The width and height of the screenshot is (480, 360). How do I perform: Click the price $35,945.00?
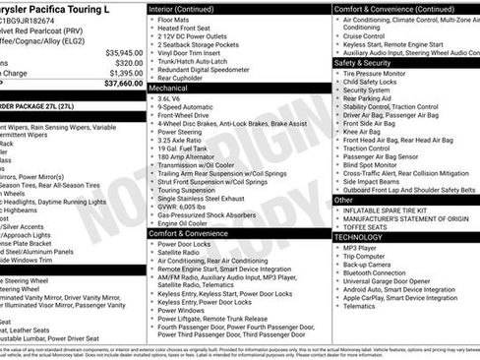[122, 52]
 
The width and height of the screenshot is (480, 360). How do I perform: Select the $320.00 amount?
[128, 63]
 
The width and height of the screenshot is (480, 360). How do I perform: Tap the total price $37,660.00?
[122, 84]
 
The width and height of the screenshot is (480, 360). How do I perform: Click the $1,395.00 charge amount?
[124, 73]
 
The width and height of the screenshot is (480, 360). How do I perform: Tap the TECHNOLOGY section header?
[358, 237]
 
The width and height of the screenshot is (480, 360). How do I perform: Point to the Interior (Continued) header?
[190, 7]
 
